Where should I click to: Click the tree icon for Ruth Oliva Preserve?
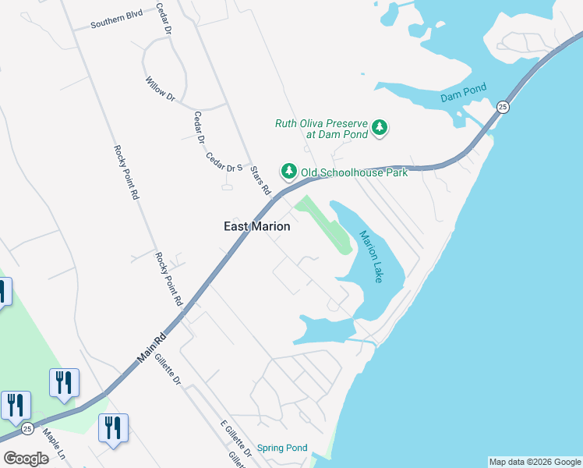(x=380, y=127)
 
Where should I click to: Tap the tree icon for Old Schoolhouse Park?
(x=289, y=171)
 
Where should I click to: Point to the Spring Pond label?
(x=282, y=448)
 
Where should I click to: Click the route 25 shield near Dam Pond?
(x=503, y=107)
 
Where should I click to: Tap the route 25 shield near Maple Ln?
(x=27, y=428)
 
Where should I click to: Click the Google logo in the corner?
(x=26, y=458)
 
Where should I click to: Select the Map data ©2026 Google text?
(x=534, y=462)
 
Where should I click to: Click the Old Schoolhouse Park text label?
(x=355, y=172)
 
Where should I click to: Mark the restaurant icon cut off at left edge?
(x=2, y=292)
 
